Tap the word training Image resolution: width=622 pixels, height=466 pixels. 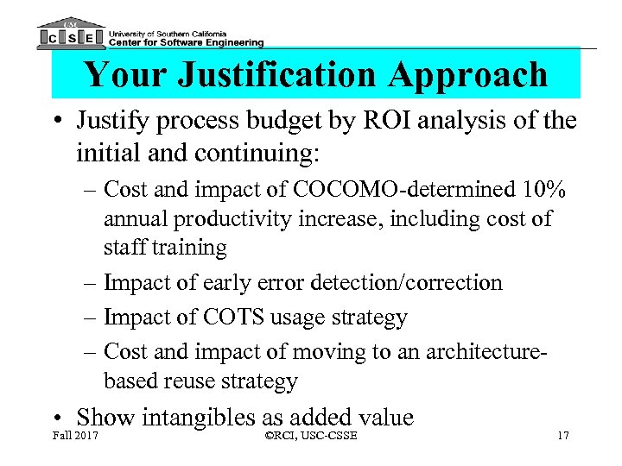[x=187, y=248]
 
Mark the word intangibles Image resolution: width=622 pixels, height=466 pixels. [x=197, y=418]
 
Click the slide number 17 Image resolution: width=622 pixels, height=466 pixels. [x=562, y=435]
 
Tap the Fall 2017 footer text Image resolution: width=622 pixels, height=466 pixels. [x=75, y=435]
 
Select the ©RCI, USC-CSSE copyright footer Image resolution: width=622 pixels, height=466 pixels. [x=311, y=435]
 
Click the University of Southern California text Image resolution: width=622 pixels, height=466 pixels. [x=175, y=30]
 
